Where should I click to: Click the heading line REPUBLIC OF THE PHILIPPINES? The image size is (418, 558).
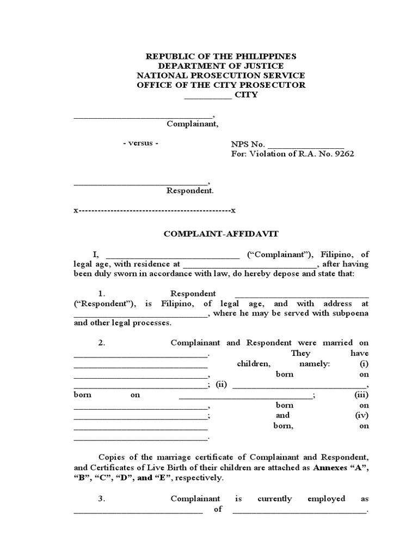coord(220,56)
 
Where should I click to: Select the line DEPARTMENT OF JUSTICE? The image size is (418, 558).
coord(220,66)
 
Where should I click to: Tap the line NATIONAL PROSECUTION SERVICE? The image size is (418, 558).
coord(220,76)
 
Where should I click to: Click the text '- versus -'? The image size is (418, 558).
coord(140,143)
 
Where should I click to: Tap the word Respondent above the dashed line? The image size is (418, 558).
coord(189,191)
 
